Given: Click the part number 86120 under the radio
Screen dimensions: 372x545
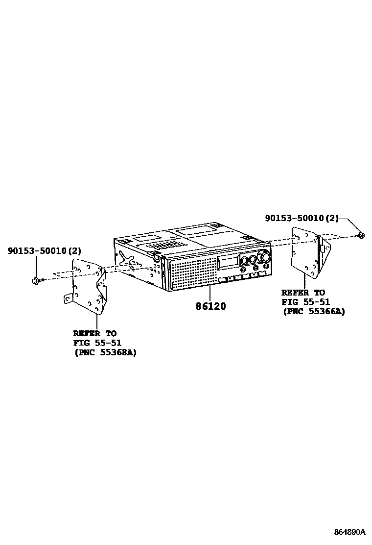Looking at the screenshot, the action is (x=210, y=306).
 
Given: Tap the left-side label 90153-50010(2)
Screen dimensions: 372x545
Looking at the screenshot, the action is (x=44, y=251).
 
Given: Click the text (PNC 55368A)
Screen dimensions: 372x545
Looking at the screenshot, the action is (x=105, y=352).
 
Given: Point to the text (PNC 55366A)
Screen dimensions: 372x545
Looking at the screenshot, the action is (x=313, y=311).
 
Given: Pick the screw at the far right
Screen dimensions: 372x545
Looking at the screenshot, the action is (x=361, y=236).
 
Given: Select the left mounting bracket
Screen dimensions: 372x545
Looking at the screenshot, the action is (x=87, y=287).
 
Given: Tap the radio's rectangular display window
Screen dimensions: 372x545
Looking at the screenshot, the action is (x=228, y=262).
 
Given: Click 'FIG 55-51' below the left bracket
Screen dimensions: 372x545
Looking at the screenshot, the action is (x=97, y=343).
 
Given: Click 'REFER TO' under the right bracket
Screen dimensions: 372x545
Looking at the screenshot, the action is (x=302, y=293).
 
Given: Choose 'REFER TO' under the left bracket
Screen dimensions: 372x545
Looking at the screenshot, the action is (x=94, y=333).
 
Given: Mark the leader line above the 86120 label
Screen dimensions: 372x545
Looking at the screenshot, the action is (x=209, y=294).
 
